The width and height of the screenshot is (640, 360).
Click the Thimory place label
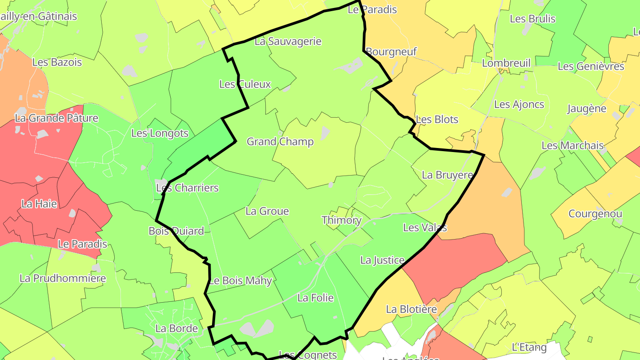coord(341,220)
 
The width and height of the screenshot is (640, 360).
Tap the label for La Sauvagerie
coord(288,41)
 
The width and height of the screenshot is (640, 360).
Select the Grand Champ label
coord(280,142)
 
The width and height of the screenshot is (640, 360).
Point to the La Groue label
coord(267,211)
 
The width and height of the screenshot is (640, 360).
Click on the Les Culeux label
coord(245,84)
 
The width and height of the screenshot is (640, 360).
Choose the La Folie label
coord(316,298)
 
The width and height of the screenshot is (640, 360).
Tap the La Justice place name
coord(382,260)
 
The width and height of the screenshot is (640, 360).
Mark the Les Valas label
coord(425,228)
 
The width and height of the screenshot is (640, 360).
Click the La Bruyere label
coord(448,175)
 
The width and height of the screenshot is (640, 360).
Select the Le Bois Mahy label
coord(240,280)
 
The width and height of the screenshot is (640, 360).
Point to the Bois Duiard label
coord(176,231)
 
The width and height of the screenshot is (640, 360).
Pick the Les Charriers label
coord(187,188)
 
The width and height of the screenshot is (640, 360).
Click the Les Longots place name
coord(160,133)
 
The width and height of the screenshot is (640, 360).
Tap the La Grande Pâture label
coord(56,118)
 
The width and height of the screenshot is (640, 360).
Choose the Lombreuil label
coord(506,63)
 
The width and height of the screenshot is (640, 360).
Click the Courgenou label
coord(595,214)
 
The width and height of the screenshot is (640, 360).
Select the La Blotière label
coord(411,309)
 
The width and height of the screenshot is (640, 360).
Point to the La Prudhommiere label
coord(63,279)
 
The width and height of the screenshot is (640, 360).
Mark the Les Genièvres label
coord(591,66)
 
